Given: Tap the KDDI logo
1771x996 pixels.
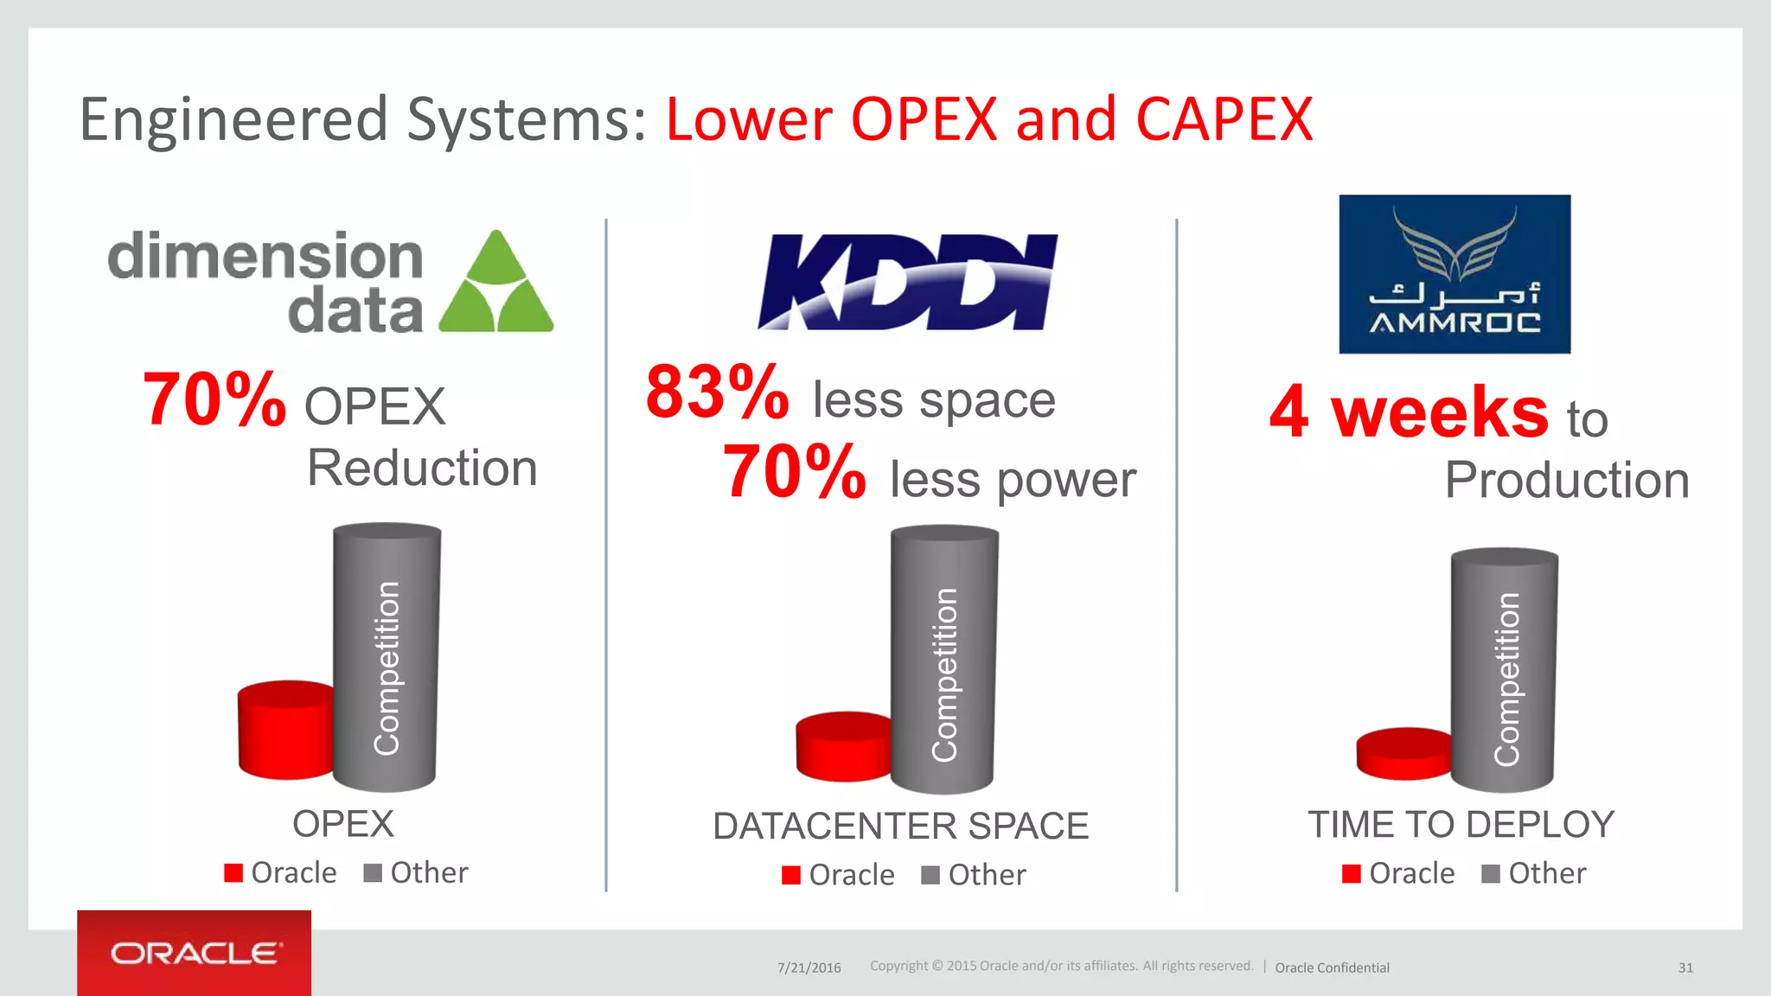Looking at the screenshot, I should click(907, 282).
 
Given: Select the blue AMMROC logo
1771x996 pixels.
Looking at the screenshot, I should click(1455, 274).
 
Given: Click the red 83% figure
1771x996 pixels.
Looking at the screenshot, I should click(717, 393).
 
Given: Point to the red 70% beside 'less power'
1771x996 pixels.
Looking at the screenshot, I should click(794, 472).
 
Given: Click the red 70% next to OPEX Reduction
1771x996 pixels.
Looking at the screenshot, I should click(214, 399).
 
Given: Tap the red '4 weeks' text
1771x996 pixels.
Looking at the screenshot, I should click(1409, 412).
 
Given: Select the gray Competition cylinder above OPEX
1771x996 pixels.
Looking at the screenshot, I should click(386, 657).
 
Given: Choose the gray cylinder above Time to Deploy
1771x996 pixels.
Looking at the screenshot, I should click(1504, 670).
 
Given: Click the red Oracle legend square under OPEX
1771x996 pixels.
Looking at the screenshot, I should click(233, 873).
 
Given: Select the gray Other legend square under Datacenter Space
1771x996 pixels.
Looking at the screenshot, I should click(930, 876).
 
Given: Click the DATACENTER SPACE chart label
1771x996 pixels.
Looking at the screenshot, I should click(900, 827).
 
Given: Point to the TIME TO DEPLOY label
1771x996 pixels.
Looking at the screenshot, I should click(1461, 825).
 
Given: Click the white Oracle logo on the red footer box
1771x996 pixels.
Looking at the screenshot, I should click(195, 954).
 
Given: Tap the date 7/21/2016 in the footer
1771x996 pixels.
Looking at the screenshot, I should click(809, 967).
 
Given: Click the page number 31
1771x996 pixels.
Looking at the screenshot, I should click(1685, 967).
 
